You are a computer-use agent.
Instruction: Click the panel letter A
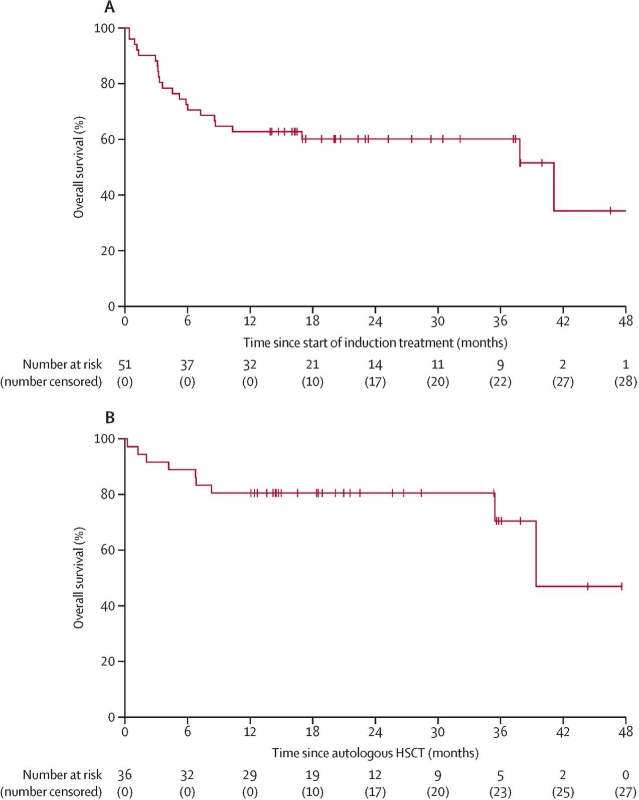(x=109, y=7)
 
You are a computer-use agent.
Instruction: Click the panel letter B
(x=109, y=417)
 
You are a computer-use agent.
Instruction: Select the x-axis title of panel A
(x=375, y=343)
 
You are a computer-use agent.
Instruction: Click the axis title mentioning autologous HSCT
(x=375, y=753)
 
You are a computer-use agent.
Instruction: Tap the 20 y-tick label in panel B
(x=107, y=662)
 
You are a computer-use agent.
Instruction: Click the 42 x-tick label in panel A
(x=563, y=321)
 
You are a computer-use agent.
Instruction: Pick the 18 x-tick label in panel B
(x=312, y=732)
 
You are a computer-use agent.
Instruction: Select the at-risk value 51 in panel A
(x=124, y=365)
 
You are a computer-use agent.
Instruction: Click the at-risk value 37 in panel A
(x=187, y=365)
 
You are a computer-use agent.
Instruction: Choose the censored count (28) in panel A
(x=625, y=382)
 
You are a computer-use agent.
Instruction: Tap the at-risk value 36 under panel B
(x=124, y=775)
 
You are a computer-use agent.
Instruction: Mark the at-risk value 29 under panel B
(x=250, y=775)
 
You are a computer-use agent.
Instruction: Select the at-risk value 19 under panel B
(x=312, y=775)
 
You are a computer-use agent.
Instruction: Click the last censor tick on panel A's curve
(x=610, y=211)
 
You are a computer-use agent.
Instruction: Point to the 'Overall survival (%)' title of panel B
(x=79, y=577)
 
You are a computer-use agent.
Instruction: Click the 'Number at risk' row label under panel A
(x=62, y=365)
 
